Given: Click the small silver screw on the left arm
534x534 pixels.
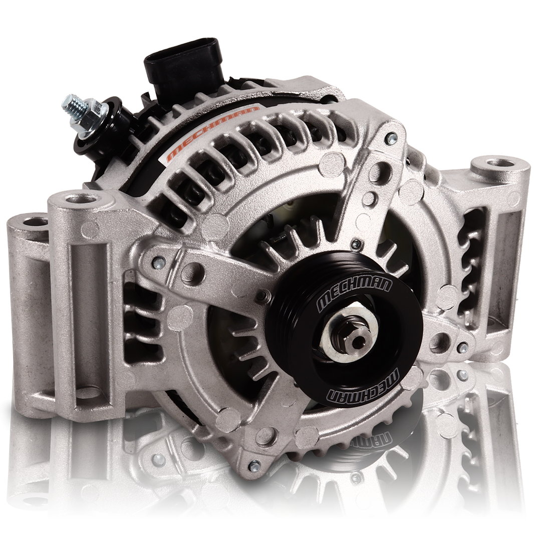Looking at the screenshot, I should pyautogui.click(x=158, y=261).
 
